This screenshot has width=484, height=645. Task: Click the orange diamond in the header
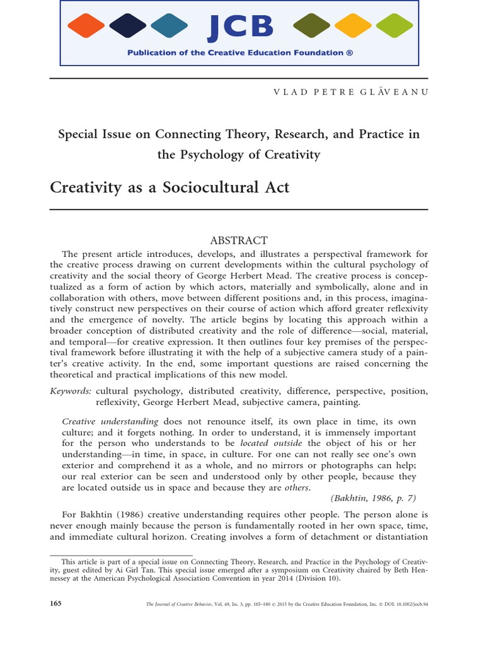(x=87, y=26)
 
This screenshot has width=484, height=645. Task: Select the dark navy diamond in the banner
(x=129, y=26)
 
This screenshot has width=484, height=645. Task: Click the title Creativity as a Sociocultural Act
(x=170, y=188)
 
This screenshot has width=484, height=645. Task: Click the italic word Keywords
(x=71, y=392)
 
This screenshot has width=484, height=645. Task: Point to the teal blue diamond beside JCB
(x=170, y=26)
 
